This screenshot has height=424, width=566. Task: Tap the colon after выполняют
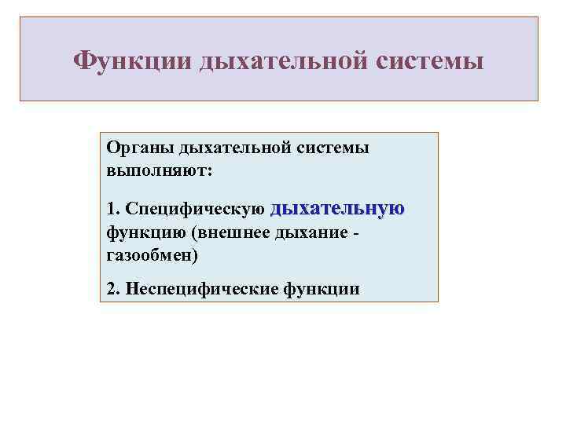(208, 170)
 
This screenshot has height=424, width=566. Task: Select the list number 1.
(111, 210)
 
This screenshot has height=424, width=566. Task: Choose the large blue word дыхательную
(337, 208)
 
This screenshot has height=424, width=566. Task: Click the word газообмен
(149, 255)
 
